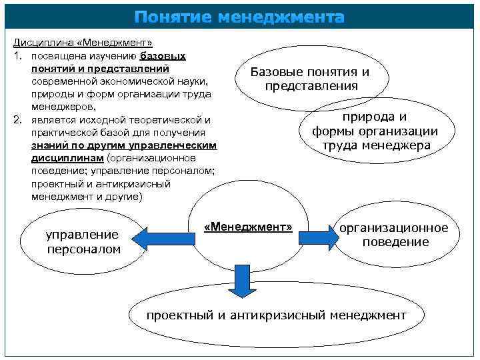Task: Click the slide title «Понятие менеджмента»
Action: (239, 17)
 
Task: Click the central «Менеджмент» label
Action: (248, 227)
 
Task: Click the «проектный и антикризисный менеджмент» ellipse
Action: (276, 315)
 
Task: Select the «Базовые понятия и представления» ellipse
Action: (309, 79)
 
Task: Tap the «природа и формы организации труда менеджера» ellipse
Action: (375, 131)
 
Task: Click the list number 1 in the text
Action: (17, 56)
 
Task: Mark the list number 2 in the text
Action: (17, 120)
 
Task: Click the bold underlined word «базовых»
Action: (163, 56)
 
